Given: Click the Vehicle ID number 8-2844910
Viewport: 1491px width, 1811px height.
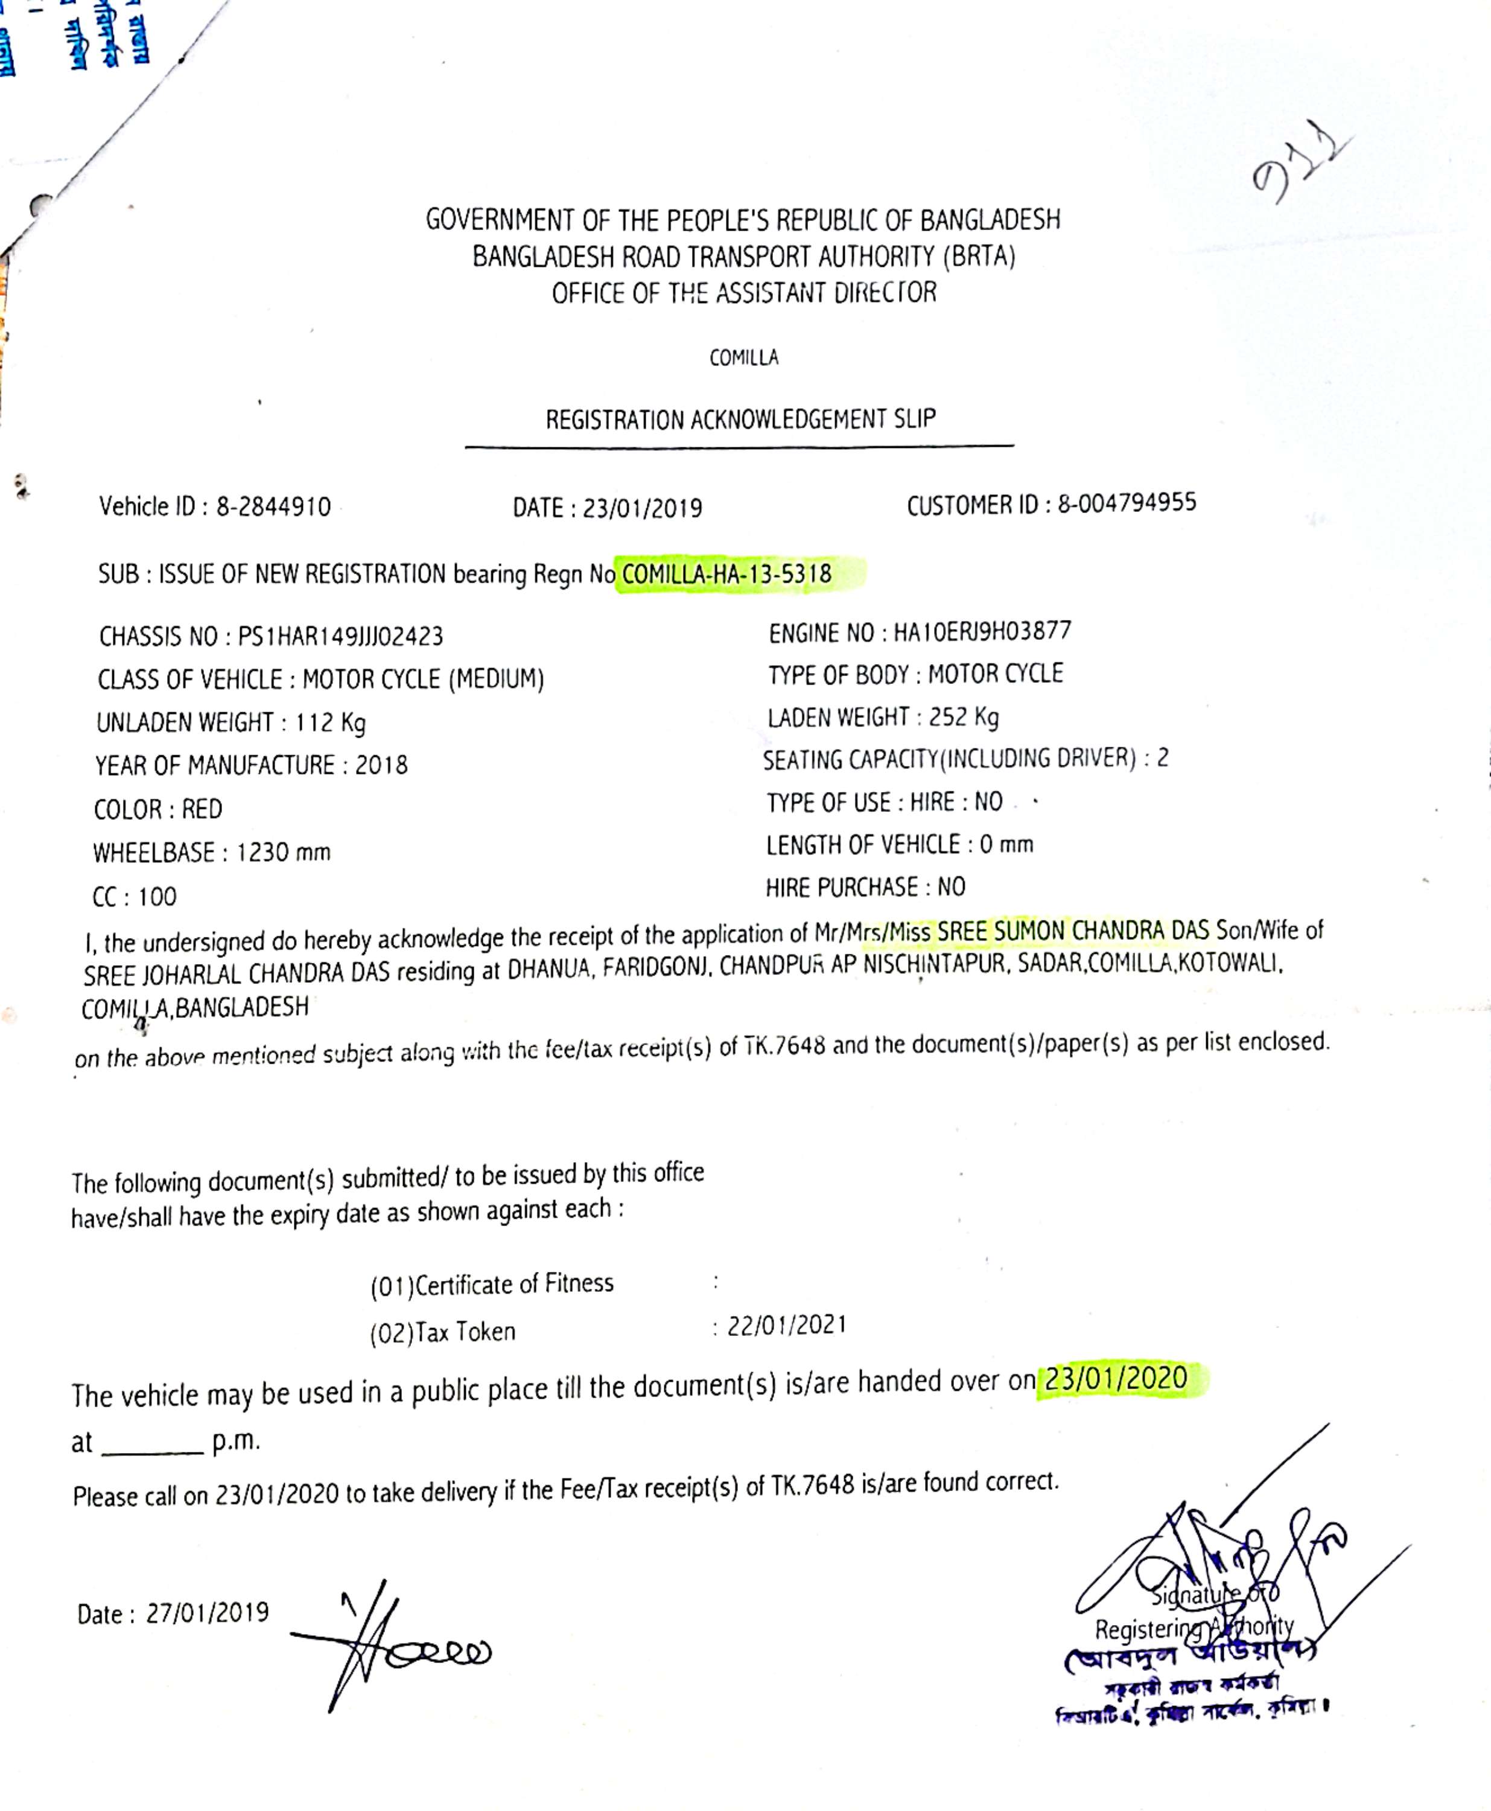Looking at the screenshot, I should tap(273, 507).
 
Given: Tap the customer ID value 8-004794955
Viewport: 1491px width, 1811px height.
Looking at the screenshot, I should tap(1127, 503).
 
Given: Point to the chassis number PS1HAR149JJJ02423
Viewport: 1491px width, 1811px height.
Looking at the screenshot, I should tap(340, 637).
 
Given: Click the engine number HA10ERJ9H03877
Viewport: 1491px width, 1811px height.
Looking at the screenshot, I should tap(982, 631).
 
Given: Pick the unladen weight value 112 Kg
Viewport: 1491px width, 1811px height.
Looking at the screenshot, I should tap(331, 723).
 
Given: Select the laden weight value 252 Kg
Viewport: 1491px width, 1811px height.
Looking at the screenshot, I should tap(964, 717).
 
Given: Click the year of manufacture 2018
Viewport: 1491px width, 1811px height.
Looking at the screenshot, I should tap(381, 765).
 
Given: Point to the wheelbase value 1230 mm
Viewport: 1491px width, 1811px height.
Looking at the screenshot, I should tap(284, 852).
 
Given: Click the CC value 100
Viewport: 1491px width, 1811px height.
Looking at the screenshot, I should tap(157, 897).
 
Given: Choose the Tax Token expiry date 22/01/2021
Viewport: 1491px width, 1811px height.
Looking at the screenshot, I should tap(787, 1324).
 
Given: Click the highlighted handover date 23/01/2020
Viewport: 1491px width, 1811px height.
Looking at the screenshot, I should tap(1116, 1378).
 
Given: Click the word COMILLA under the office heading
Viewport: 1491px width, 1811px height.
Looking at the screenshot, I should tap(744, 358).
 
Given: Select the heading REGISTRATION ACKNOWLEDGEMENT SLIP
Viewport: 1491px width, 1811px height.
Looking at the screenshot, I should tap(740, 419).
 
